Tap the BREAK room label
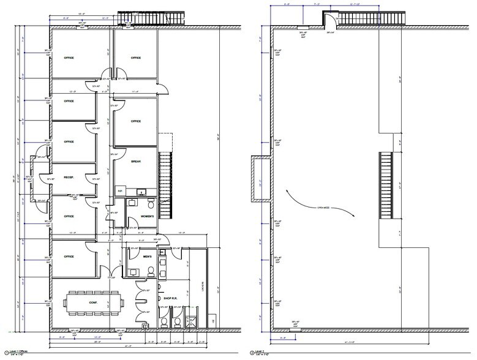(x=136, y=162)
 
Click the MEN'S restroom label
(x=147, y=257)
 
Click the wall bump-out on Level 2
(x=259, y=179)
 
